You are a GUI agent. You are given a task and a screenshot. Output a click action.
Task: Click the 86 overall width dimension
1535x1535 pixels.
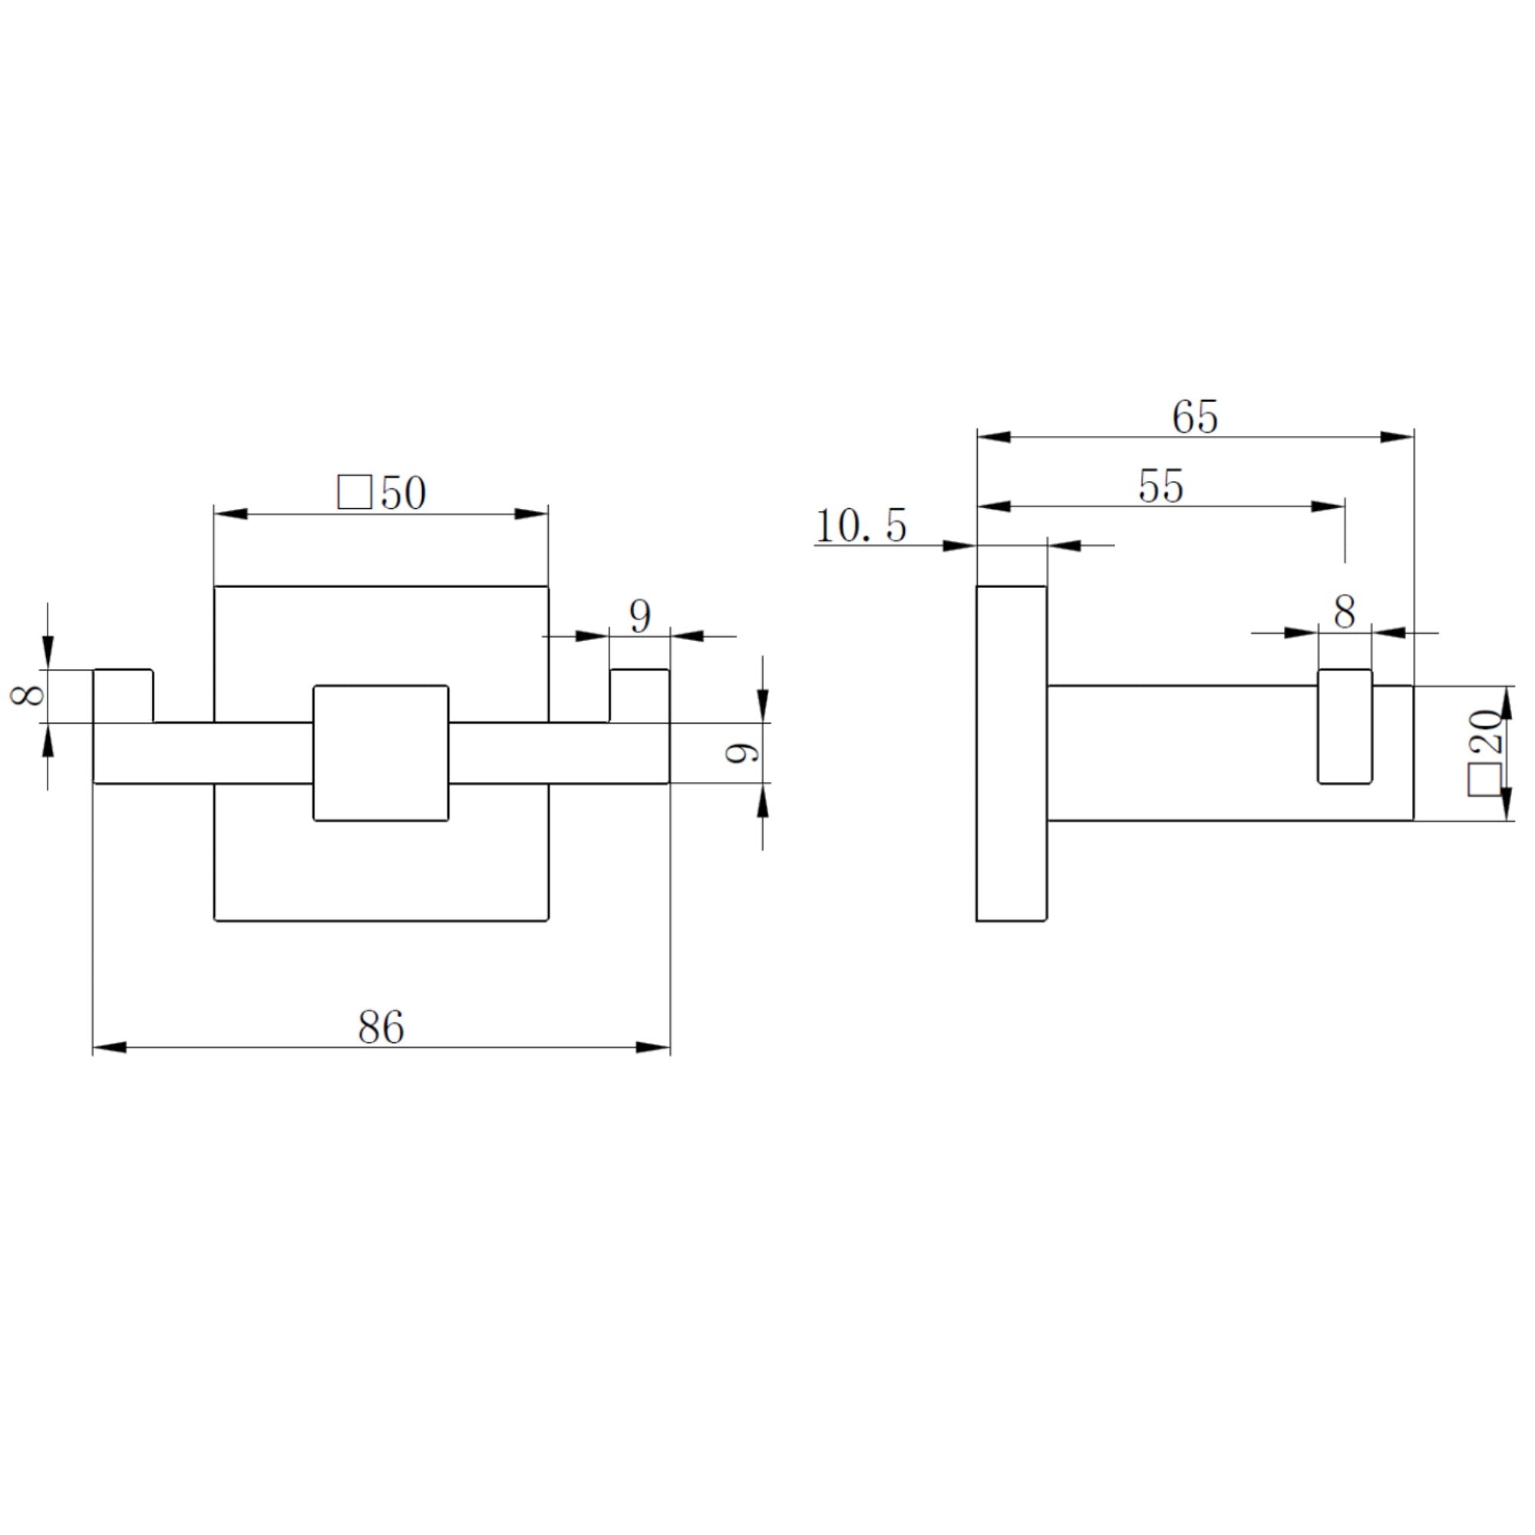click(x=381, y=1028)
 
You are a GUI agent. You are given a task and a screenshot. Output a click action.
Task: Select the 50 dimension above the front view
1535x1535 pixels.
click(x=403, y=494)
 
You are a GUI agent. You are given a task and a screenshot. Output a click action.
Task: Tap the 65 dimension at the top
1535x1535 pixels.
click(x=1194, y=417)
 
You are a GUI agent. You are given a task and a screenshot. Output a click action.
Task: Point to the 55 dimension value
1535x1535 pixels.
click(x=1160, y=487)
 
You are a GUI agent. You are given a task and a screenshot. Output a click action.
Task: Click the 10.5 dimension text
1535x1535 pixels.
click(x=860, y=527)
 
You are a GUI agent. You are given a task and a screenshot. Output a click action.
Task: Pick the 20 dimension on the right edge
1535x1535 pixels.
click(x=1483, y=731)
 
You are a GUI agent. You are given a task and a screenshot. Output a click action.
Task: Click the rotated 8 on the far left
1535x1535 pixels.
click(x=29, y=696)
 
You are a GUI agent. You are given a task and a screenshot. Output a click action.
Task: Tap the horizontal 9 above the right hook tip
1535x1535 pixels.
click(x=639, y=616)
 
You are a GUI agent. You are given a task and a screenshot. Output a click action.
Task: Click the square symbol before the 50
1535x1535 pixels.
click(x=355, y=493)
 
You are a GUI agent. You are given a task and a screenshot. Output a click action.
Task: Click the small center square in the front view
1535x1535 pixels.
click(x=381, y=752)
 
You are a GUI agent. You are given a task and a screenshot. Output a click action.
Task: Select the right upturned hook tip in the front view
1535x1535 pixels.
click(x=639, y=695)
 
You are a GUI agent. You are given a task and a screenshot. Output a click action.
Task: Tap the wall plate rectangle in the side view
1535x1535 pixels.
click(x=1012, y=753)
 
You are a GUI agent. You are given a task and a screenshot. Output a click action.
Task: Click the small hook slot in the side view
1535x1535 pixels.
click(x=1345, y=726)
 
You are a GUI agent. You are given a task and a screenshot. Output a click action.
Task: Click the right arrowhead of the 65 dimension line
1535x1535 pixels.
click(x=1398, y=437)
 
